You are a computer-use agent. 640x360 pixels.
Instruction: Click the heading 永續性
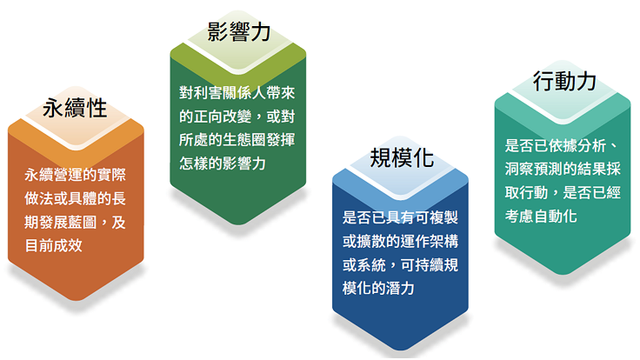coord(75,108)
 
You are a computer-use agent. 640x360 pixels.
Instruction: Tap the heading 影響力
coord(239,31)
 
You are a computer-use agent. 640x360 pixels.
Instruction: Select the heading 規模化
coord(402,157)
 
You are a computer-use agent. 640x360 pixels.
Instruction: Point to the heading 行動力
coord(564,81)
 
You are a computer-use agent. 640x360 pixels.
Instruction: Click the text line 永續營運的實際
coord(75,175)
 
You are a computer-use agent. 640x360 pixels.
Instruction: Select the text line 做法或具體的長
coord(75,198)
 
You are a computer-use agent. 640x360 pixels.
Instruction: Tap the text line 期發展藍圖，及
coord(75,222)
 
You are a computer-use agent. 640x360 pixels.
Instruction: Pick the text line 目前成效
coord(53,246)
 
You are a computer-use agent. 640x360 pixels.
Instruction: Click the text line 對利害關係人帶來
coord(237,93)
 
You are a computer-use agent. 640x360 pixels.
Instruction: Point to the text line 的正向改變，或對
coord(237,117)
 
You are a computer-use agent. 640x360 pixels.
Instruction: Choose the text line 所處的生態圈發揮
coord(237,140)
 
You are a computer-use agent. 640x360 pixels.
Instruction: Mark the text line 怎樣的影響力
coord(223,163)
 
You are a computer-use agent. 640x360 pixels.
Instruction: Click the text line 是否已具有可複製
coord(400,217)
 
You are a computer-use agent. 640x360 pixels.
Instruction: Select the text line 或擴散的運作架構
coord(400,241)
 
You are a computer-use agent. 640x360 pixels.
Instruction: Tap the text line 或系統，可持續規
coord(400,265)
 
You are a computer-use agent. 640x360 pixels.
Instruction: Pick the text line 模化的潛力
coord(378,288)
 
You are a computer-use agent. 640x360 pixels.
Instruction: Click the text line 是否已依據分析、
coord(563,145)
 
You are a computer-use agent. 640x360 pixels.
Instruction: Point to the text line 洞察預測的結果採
coord(563,169)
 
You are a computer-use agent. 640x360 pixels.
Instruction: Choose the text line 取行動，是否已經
coord(563,192)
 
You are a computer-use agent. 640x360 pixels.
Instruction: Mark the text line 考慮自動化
coord(541,216)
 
